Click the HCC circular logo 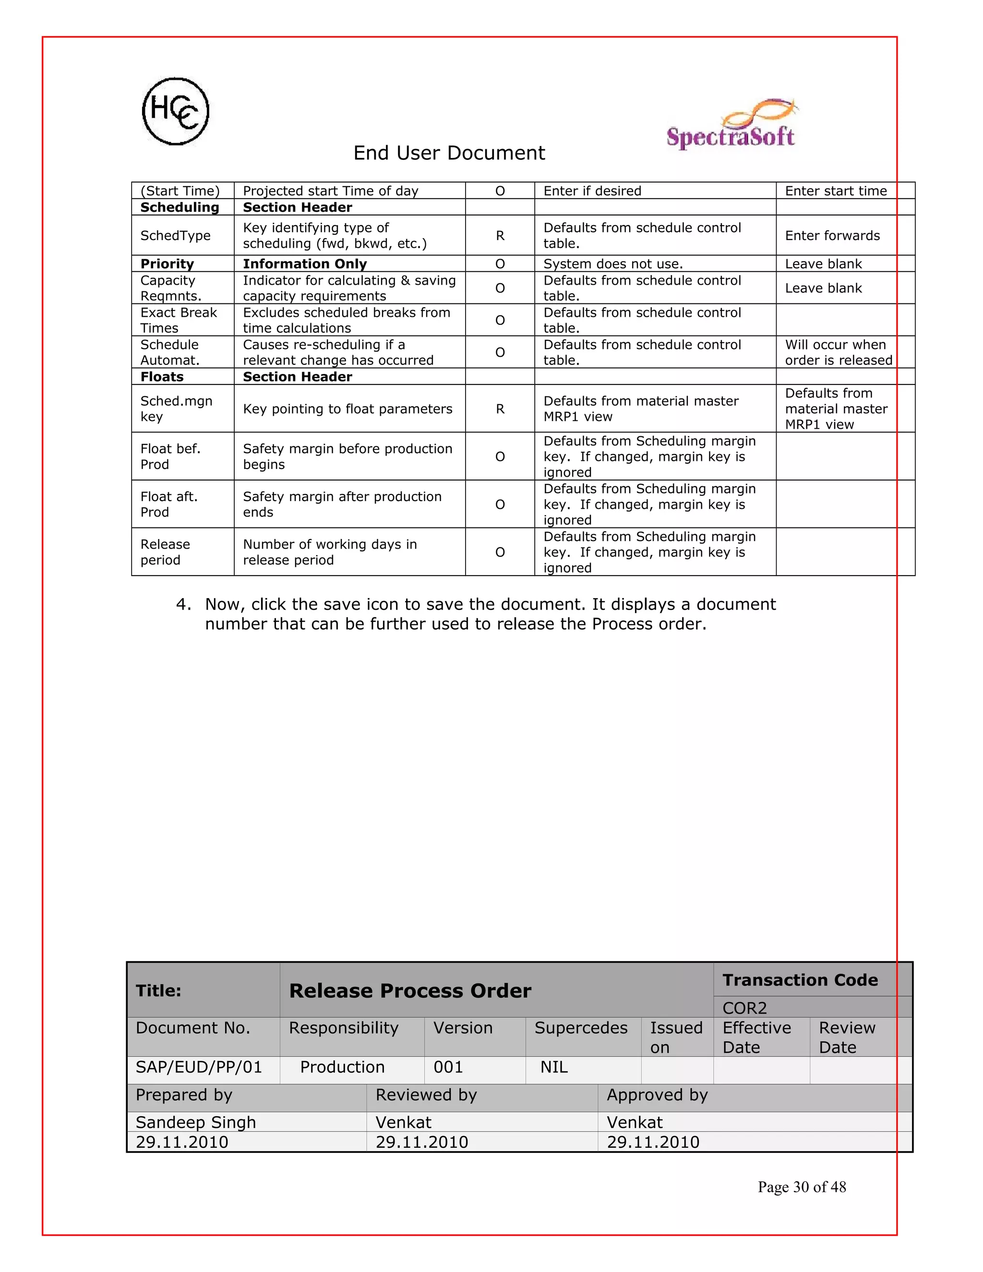click(175, 111)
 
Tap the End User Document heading click(449, 153)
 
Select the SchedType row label click(175, 236)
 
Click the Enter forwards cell click(832, 236)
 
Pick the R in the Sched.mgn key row click(500, 409)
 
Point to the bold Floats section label click(162, 377)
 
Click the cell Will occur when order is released click(838, 352)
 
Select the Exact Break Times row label click(178, 320)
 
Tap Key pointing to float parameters click(347, 409)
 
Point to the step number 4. click(183, 604)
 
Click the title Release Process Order click(410, 991)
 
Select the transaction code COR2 click(744, 1008)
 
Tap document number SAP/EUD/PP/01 click(199, 1067)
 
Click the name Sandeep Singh click(196, 1122)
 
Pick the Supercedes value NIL click(553, 1067)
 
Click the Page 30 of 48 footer click(801, 1187)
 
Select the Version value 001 click(448, 1067)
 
